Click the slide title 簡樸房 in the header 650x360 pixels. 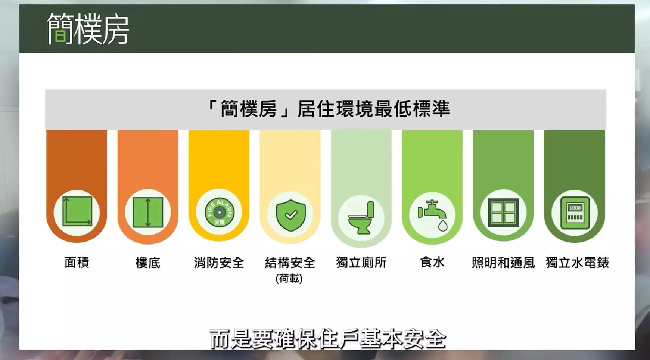point(88,29)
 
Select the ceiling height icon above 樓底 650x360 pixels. point(148,212)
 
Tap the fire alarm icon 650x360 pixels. point(219,212)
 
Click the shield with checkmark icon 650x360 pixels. point(290,215)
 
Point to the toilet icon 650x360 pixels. point(361,218)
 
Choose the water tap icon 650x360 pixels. point(433,215)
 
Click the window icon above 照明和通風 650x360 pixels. point(503,212)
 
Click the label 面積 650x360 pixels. point(77,263)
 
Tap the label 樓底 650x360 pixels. point(148,263)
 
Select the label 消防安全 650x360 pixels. point(219,263)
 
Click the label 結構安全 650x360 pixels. point(290,263)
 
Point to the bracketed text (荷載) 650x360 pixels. point(289,279)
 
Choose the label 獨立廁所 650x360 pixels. point(361,263)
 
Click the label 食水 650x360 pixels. point(432,263)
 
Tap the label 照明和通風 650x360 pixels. point(503,263)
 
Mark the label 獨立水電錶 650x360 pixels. point(577,263)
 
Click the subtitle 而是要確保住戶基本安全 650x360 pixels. point(328,339)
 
